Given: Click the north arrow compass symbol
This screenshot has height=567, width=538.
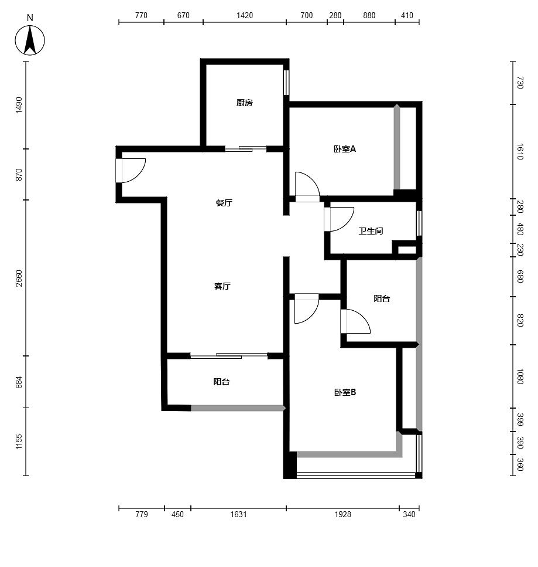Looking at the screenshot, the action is tap(30, 40).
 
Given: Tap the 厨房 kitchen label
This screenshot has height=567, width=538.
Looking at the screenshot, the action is tap(245, 103).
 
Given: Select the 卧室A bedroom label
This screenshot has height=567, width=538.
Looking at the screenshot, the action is tap(344, 148).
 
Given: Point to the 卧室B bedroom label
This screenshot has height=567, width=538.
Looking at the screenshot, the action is tap(345, 392).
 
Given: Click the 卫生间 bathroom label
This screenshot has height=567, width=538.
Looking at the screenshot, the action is tap(371, 230).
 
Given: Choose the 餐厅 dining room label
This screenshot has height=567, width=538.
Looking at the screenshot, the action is tap(224, 203).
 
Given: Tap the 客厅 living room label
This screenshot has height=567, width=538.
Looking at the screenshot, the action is tap(222, 286).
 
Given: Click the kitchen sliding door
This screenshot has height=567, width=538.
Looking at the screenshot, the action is tap(245, 148).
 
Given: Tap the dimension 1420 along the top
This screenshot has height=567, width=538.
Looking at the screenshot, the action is tap(245, 15).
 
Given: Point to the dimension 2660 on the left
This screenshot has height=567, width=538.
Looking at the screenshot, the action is tap(19, 278).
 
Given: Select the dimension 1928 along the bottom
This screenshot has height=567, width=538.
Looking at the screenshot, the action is tap(342, 514).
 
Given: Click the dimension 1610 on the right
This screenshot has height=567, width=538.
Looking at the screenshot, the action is tap(520, 151).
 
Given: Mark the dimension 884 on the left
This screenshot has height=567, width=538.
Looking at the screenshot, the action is tap(19, 382).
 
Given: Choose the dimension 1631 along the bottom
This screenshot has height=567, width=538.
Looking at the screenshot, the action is tap(238, 514).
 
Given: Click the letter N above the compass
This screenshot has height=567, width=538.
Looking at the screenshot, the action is tap(30, 18).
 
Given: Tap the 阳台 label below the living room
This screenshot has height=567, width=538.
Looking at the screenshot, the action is tap(221, 382).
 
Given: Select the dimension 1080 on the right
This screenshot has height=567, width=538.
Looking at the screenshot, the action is tap(520, 376).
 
